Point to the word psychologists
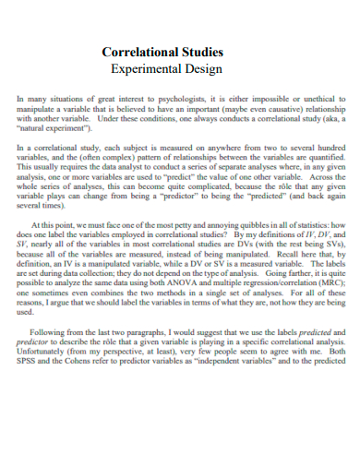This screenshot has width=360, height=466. click(172, 96)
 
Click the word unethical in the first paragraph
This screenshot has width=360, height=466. click(325, 96)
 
